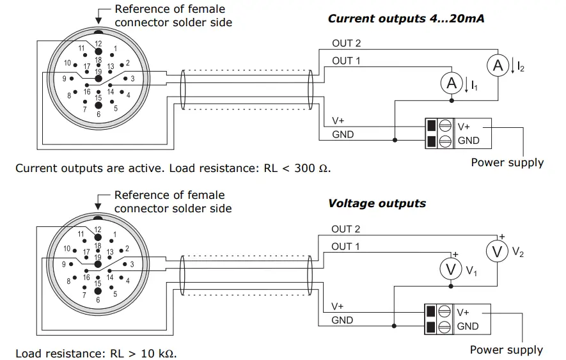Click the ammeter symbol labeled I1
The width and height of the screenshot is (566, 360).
pos(452,83)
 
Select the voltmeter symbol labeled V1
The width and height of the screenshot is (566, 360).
pos(452,269)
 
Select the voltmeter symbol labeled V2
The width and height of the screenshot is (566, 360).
pos(497,251)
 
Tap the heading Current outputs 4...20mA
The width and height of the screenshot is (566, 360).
pos(406,19)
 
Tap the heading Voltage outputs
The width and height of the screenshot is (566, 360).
pos(377,203)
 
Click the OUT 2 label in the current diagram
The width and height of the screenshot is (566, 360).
pos(346,43)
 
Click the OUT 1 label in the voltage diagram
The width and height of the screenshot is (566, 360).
pos(345,246)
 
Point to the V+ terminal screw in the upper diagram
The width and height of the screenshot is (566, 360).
pos(445,127)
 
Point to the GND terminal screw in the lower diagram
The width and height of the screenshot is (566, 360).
pos(445,327)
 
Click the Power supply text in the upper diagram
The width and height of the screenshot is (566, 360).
pos(507,162)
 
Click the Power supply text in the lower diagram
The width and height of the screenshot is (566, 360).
pos(506,350)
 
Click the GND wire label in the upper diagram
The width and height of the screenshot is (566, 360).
pos(343,135)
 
